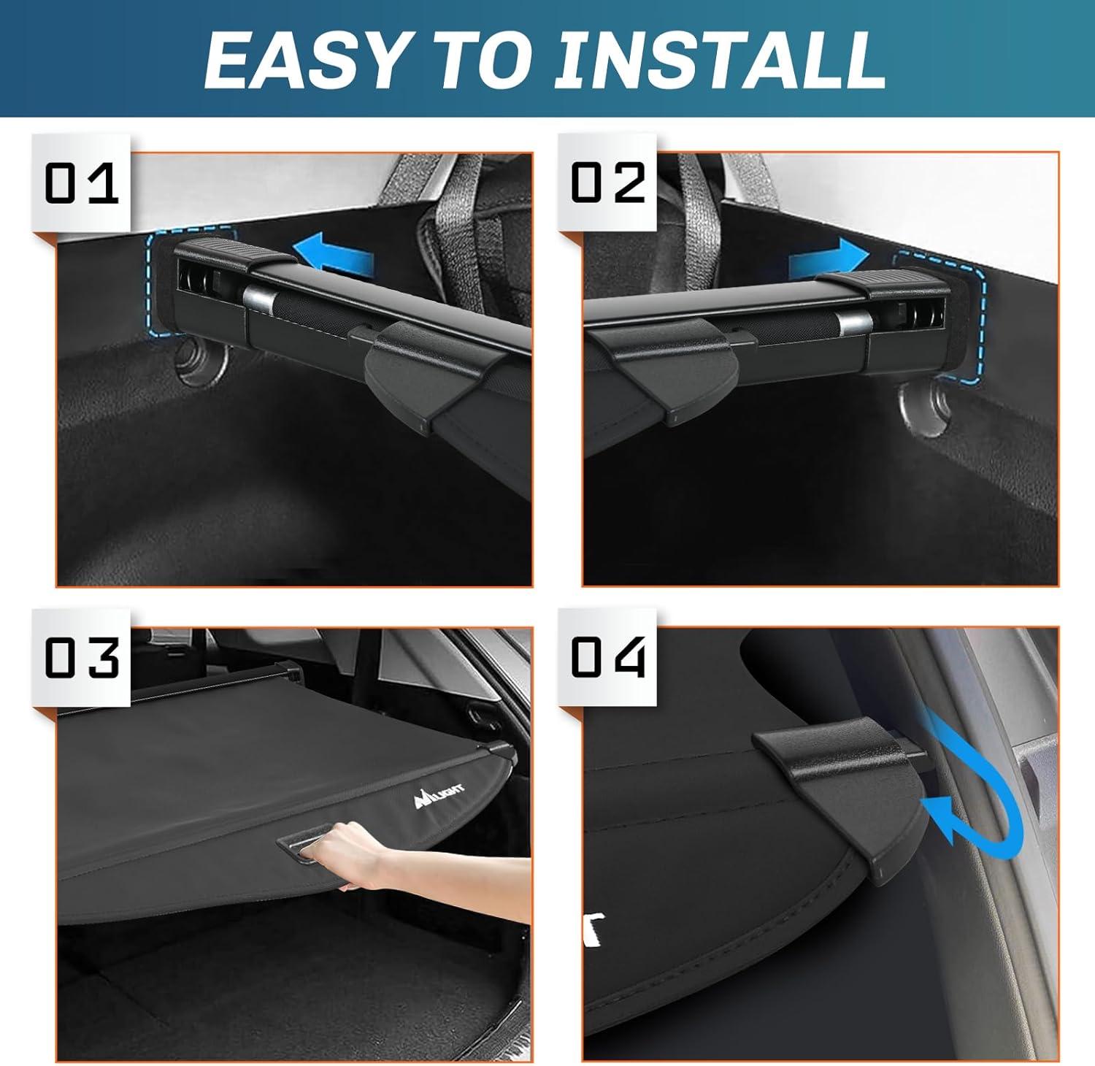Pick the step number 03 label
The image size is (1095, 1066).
point(81,657)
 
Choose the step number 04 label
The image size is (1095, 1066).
point(607,657)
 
